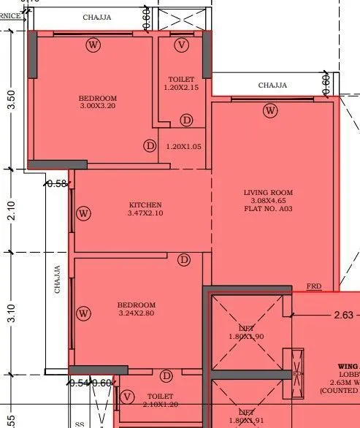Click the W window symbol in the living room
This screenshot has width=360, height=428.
coord(271,111)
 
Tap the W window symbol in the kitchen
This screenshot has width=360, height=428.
coord(84,213)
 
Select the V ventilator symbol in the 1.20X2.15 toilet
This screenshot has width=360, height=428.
coord(183,45)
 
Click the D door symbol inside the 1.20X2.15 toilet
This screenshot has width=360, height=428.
coord(187,120)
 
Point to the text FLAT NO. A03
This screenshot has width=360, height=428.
coord(268,209)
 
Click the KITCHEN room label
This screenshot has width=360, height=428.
coord(145,205)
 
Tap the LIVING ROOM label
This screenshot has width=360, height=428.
coord(268,193)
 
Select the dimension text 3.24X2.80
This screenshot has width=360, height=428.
coord(137,313)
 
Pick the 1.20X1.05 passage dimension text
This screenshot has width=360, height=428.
coord(183,146)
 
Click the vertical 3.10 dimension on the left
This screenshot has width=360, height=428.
coord(10,316)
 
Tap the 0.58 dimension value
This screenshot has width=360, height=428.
coord(56,184)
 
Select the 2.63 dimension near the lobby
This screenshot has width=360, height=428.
coord(343,316)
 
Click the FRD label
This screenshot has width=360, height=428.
coord(313,286)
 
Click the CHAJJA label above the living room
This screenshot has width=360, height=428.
coord(272,85)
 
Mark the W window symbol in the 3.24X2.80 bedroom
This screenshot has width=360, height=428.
coord(84,313)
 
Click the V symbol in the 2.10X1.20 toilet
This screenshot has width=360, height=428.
coord(129,397)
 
